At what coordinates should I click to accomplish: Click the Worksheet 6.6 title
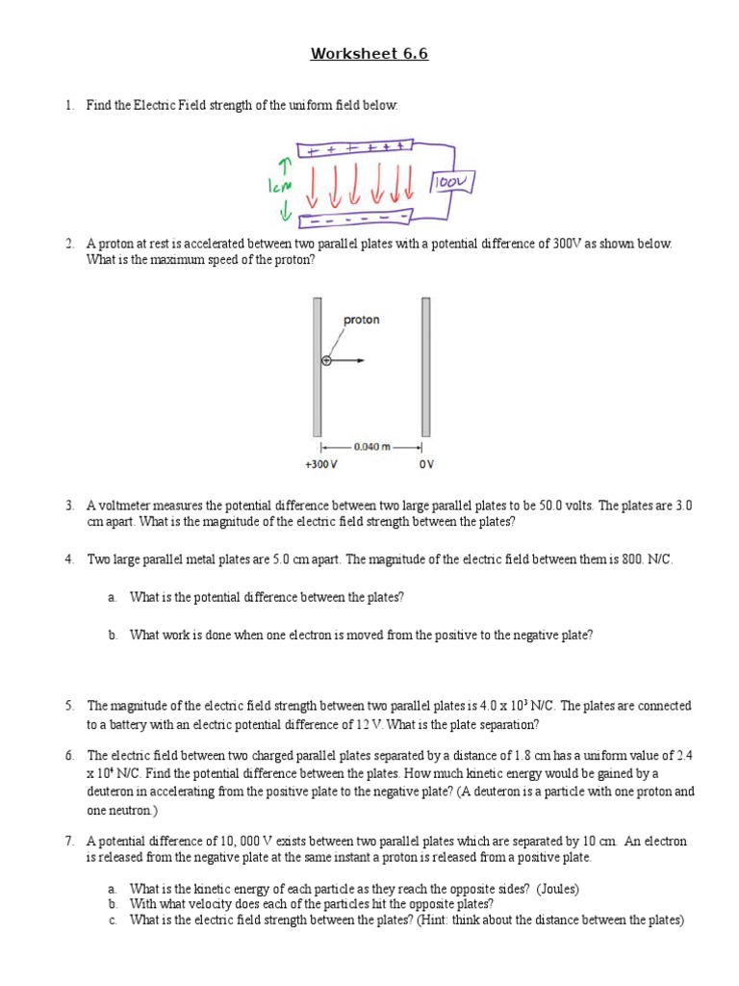(x=369, y=54)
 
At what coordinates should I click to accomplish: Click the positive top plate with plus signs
(x=354, y=149)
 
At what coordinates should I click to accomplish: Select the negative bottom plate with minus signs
(x=354, y=217)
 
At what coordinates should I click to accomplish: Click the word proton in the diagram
(x=361, y=320)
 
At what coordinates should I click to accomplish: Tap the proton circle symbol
(x=325, y=361)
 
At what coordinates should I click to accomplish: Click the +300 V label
(x=320, y=464)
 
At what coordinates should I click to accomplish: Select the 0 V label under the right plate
(x=426, y=464)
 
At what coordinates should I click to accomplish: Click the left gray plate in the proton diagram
(x=317, y=366)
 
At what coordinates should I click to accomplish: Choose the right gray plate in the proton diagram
(x=425, y=366)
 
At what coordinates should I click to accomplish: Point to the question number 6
(x=70, y=756)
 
